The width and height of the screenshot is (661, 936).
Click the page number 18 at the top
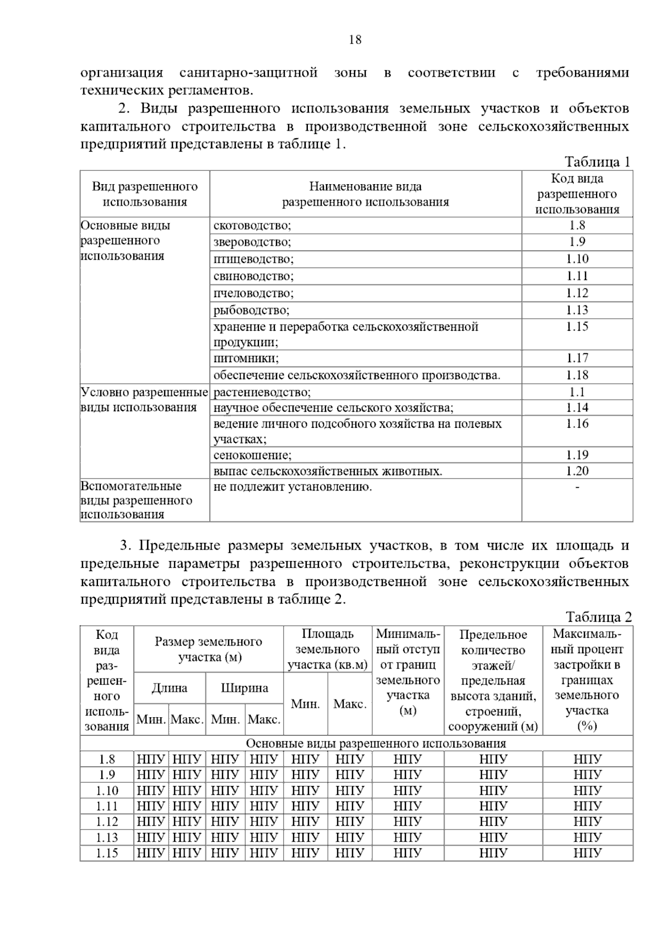[x=355, y=40]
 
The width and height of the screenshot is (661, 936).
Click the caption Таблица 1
[x=597, y=162]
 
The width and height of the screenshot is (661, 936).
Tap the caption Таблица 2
[x=598, y=617]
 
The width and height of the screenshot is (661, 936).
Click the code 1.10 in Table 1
[x=577, y=259]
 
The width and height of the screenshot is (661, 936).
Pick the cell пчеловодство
[x=253, y=293]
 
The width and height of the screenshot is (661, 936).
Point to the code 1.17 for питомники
[x=577, y=358]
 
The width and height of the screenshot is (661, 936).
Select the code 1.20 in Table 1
[x=577, y=471]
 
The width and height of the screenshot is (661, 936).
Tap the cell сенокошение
[x=252, y=455]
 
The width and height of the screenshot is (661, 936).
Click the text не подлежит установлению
[x=292, y=487]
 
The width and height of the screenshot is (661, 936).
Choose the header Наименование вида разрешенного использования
[x=365, y=194]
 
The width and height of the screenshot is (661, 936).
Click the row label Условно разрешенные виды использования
[x=144, y=400]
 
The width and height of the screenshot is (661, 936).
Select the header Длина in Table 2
[x=170, y=688]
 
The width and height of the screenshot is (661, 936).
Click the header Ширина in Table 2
[x=245, y=688]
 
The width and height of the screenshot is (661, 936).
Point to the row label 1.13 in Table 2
[x=107, y=838]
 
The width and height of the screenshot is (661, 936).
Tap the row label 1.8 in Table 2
[x=107, y=760]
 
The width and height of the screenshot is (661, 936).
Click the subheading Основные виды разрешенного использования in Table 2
[x=376, y=744]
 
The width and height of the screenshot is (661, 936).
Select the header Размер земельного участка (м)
[x=209, y=649]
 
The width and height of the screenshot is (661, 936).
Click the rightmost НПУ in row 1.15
[x=587, y=853]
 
